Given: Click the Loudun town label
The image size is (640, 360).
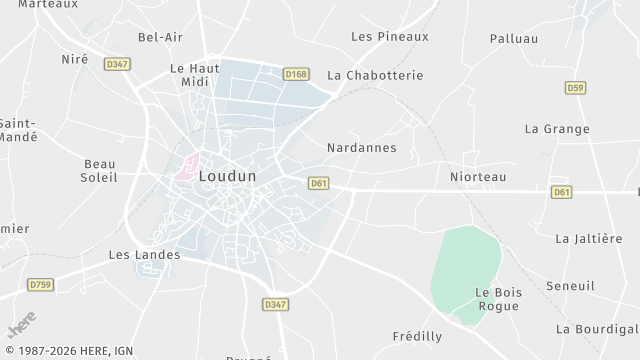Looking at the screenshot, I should click(x=228, y=176).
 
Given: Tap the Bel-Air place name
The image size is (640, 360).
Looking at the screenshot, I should click(x=161, y=37).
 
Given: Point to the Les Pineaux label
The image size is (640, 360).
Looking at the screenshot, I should click(x=390, y=36).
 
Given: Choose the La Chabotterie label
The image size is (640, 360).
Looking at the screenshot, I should click(x=376, y=75).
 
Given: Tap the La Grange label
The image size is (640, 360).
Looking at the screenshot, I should click(x=557, y=129).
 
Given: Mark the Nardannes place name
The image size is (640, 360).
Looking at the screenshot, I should click(x=362, y=147).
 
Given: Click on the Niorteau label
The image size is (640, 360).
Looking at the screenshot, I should click(x=478, y=177).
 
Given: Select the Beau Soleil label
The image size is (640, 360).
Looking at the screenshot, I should click(x=100, y=170).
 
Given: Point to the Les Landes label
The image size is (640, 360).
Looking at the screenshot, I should click(x=144, y=255).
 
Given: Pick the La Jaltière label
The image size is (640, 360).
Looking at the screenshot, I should click(x=589, y=238).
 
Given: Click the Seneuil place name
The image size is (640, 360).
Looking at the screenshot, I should click(x=570, y=286).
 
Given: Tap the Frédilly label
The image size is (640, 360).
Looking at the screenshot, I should click(x=418, y=337).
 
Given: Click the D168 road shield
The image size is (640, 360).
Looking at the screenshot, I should click(x=295, y=74).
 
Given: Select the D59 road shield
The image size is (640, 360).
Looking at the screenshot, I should click(x=575, y=88).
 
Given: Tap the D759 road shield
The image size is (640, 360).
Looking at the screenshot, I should click(x=40, y=285).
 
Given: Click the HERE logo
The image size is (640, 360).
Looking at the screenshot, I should click(x=21, y=328).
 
